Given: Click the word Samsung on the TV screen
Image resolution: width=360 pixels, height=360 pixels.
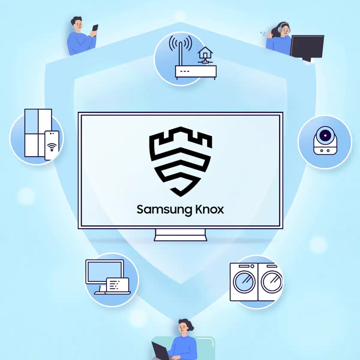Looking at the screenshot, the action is tap(164, 210).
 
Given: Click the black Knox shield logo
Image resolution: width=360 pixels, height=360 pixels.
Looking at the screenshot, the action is tap(181, 162).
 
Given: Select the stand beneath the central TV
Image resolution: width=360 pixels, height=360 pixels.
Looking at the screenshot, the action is tap(181, 235).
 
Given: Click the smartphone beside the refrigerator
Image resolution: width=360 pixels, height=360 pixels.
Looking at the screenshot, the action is tap(52, 145).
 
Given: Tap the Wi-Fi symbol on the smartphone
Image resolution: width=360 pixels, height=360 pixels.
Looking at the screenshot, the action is tap(52, 147).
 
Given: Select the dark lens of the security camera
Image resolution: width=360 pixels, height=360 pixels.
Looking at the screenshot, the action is tap(325, 135).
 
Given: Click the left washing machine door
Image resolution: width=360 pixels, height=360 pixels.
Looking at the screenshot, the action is tap(244, 282).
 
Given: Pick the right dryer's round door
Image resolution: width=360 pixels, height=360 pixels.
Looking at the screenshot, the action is tap(271, 282).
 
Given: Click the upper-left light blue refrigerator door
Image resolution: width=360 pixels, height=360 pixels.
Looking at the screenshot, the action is tap(31, 121).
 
